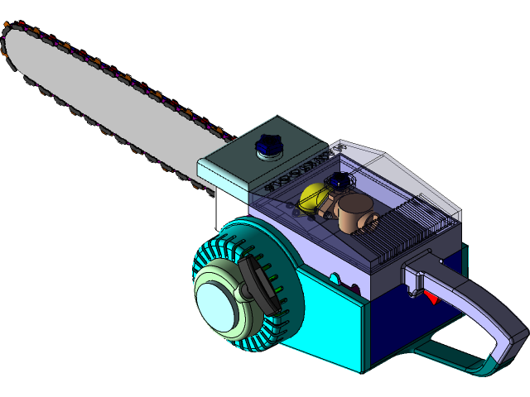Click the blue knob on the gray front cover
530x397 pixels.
(x=268, y=145)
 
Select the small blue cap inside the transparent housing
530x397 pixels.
(x=337, y=180)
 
